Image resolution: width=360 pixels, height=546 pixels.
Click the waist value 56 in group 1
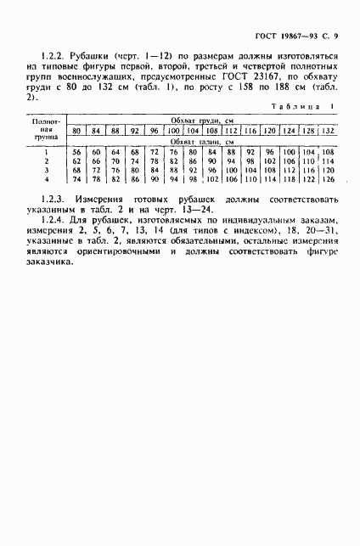click(76, 150)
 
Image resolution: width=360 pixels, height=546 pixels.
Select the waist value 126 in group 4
click(329, 178)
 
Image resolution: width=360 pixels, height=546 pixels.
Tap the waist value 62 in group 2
click(76, 160)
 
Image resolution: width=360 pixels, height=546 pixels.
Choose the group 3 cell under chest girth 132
click(329, 169)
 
